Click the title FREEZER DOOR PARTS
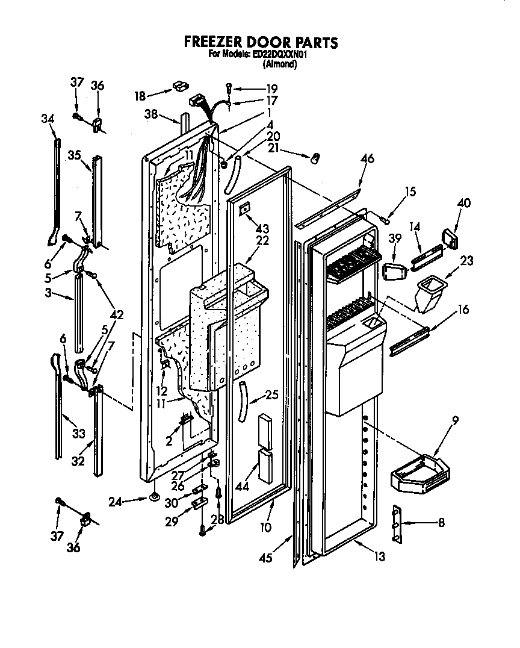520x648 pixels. pyautogui.click(x=261, y=42)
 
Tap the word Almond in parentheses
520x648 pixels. pyautogui.click(x=280, y=64)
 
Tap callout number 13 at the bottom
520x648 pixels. pyautogui.click(x=379, y=558)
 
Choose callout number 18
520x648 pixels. pyautogui.click(x=140, y=95)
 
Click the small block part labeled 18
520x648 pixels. pyautogui.click(x=178, y=87)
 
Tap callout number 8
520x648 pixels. pyautogui.click(x=441, y=523)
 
